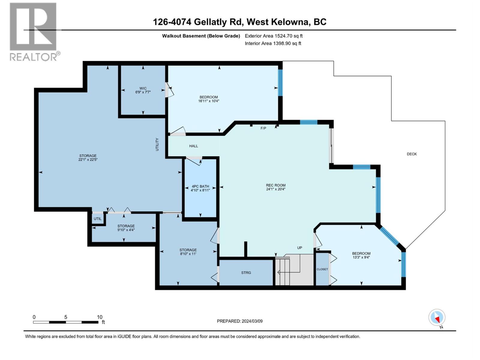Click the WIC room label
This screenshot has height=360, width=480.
pyautogui.click(x=143, y=88)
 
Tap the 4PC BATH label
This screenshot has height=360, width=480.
pyautogui.click(x=200, y=186)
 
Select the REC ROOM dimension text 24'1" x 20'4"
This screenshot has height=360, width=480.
pyautogui.click(x=276, y=189)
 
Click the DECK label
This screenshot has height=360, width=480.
pyautogui.click(x=412, y=154)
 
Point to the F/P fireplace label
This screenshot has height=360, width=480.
pyautogui.click(x=263, y=128)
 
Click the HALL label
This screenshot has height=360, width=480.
pyautogui.click(x=193, y=146)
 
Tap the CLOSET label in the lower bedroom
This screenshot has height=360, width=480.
pyautogui.click(x=322, y=269)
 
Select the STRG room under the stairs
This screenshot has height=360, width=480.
pyautogui.click(x=246, y=273)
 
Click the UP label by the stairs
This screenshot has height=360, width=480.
pyautogui.click(x=299, y=248)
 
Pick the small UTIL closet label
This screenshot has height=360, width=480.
pyautogui.click(x=97, y=219)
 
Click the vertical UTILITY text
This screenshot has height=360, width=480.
pyautogui.click(x=157, y=144)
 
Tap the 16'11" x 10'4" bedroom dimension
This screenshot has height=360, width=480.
pyautogui.click(x=209, y=101)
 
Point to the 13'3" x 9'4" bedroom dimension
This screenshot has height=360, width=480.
pyautogui.click(x=361, y=257)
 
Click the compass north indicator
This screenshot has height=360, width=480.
pyautogui.click(x=437, y=318)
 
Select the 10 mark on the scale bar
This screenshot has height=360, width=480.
pyautogui.click(x=100, y=317)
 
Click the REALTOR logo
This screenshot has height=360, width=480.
pyautogui.click(x=33, y=31)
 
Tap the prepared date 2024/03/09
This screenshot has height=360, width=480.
pyautogui.click(x=240, y=321)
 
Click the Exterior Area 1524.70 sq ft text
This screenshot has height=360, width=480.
pyautogui.click(x=274, y=36)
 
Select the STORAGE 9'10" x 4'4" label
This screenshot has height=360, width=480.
pyautogui.click(x=126, y=228)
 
